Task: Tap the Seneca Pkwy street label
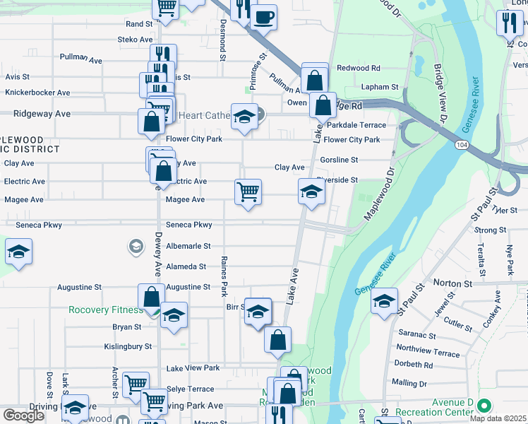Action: pyautogui.click(x=188, y=225)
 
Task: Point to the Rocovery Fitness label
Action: pyautogui.click(x=105, y=310)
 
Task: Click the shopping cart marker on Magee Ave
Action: pyautogui.click(x=248, y=192)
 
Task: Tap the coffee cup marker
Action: pyautogui.click(x=264, y=16)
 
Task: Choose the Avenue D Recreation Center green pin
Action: pyautogui.click(x=484, y=406)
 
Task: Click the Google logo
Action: pyautogui.click(x=23, y=416)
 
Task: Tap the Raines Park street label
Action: pyautogui.click(x=224, y=276)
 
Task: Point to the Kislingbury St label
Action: pyautogui.click(x=128, y=346)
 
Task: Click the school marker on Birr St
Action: pyautogui.click(x=258, y=312)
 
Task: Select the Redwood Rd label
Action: pyautogui.click(x=359, y=68)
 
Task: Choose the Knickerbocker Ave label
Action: pyautogui.click(x=37, y=93)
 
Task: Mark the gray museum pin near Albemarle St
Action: pyautogui.click(x=135, y=246)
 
